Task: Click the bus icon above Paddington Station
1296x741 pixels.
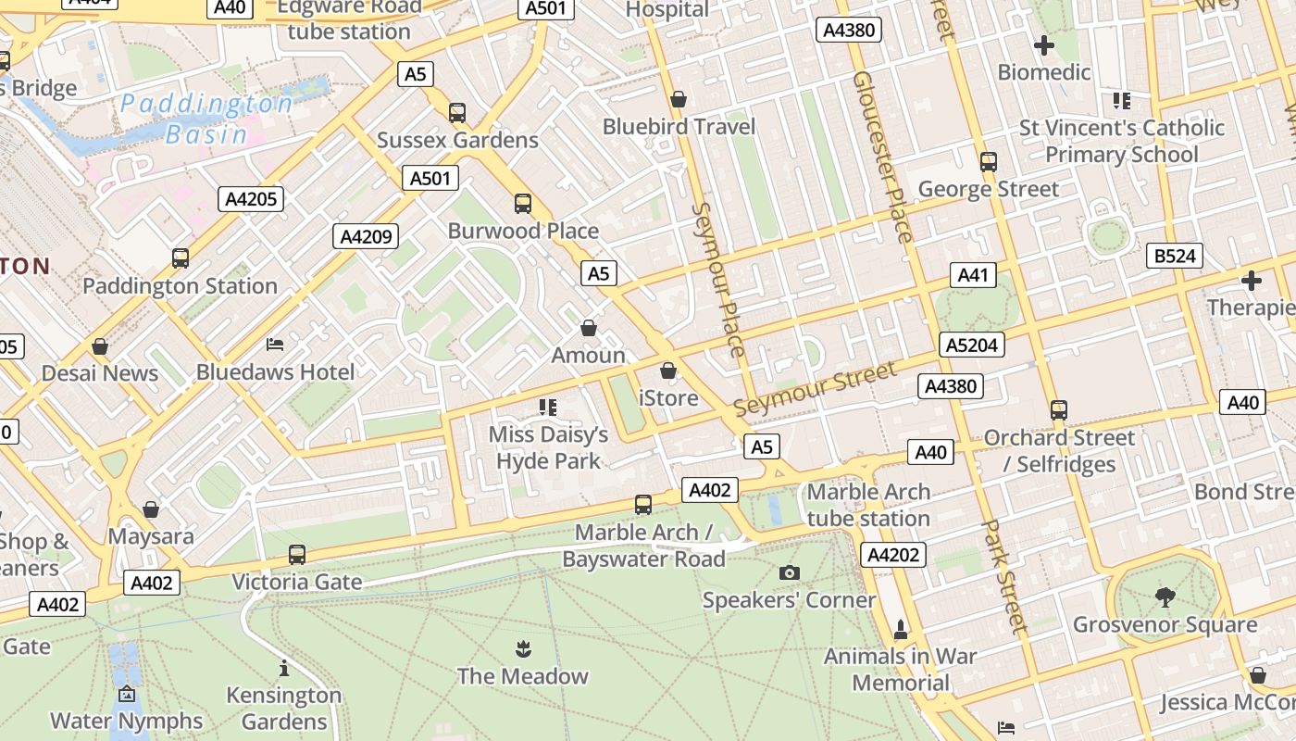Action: (181, 258)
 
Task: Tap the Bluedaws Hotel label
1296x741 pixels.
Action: (275, 372)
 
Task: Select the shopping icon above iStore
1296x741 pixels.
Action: (668, 371)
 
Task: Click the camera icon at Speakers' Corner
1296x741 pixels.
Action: (789, 573)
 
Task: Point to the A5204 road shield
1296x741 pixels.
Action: (972, 345)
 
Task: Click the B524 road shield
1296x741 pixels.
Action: (1174, 256)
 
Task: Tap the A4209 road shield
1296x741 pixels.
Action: (366, 236)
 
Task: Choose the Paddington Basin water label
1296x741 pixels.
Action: (206, 119)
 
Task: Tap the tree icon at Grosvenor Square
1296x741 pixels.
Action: (1165, 597)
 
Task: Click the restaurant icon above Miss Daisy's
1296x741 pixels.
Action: (548, 407)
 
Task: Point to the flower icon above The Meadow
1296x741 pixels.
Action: (523, 648)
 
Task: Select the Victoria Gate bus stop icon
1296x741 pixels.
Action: (296, 555)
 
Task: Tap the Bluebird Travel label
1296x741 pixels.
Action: (679, 127)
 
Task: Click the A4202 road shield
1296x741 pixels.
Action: (893, 555)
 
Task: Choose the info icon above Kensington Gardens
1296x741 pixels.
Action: (284, 668)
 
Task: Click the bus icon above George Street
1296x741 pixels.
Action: (989, 162)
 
